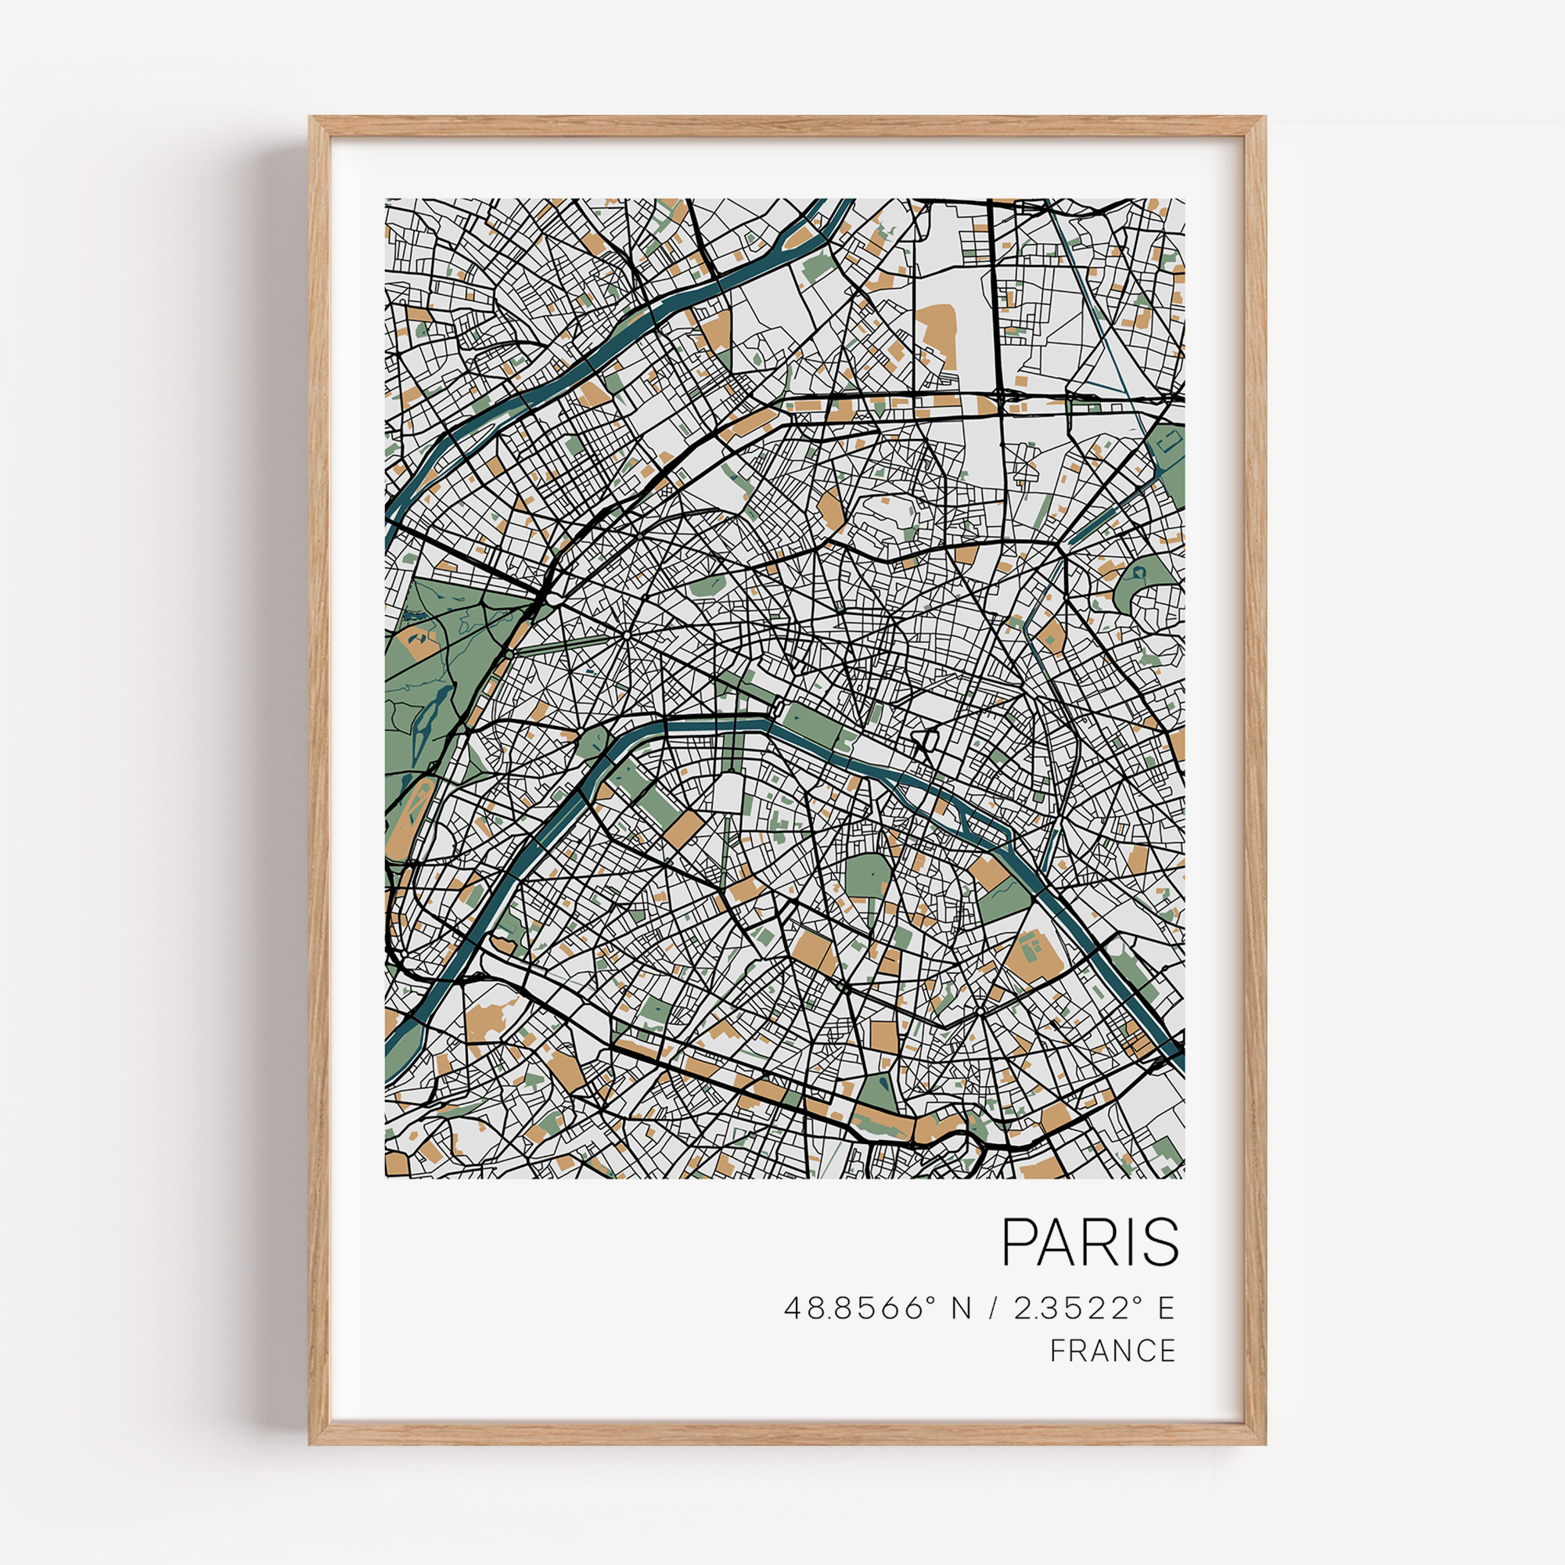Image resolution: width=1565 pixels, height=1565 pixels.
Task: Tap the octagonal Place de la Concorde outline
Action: (776, 705)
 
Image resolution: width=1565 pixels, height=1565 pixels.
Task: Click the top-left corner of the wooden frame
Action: (312, 119)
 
